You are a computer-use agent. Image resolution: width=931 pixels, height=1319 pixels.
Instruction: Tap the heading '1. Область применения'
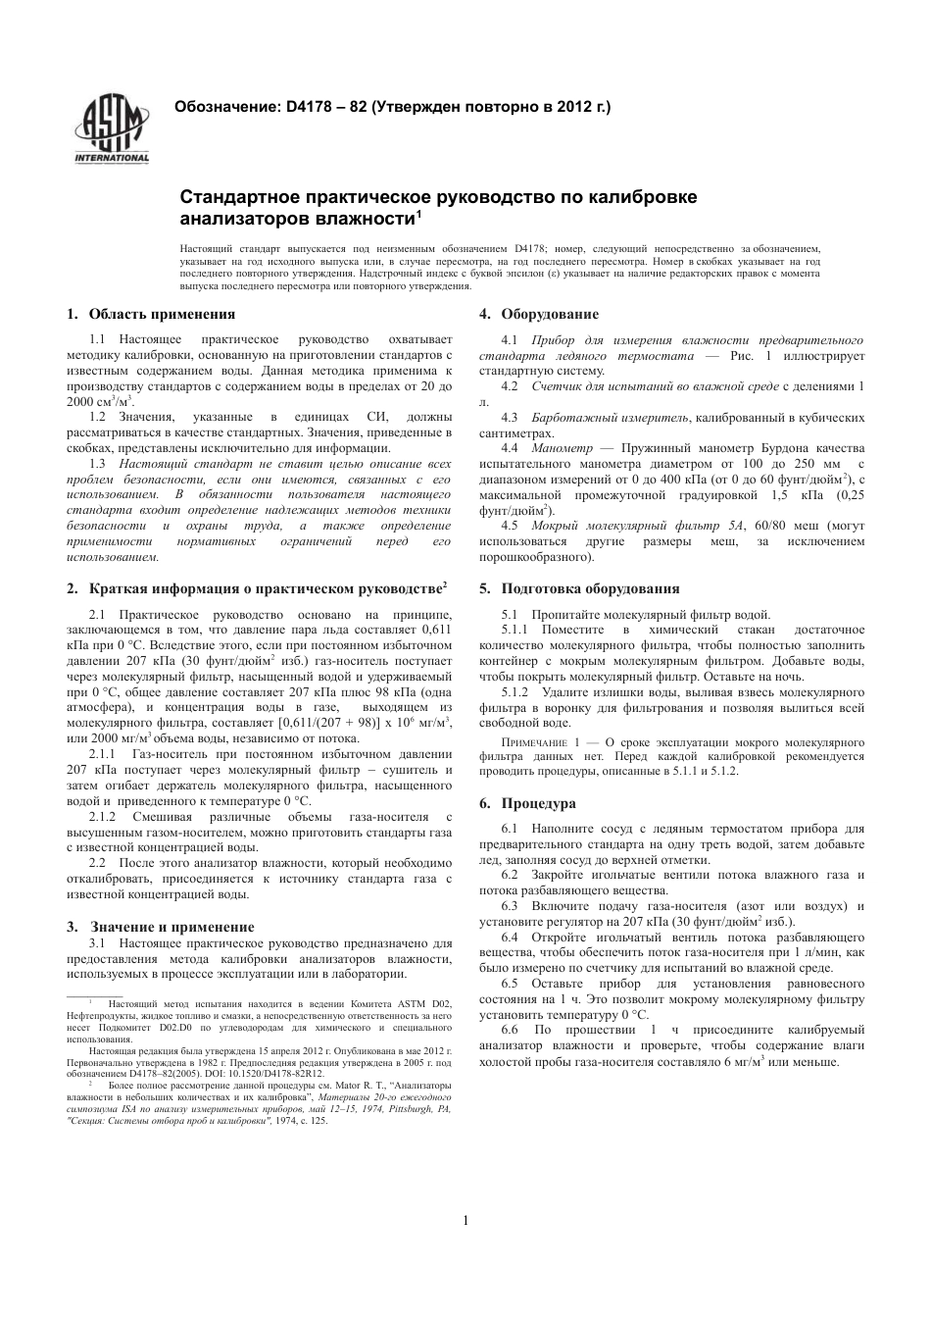[151, 314]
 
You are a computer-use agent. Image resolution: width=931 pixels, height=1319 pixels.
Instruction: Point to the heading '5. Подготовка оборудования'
[578, 588]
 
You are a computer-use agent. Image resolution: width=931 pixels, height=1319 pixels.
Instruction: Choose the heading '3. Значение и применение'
[161, 926]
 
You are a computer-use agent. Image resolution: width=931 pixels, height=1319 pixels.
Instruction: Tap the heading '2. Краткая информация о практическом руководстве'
[257, 588]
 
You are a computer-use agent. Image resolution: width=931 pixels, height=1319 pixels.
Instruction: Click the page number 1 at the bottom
[465, 1220]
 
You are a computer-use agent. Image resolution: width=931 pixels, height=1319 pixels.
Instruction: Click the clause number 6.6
[509, 1030]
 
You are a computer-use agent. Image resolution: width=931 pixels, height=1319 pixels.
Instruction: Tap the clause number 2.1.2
[103, 817]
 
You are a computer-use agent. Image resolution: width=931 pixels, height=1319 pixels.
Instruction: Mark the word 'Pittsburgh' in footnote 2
[409, 1108]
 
